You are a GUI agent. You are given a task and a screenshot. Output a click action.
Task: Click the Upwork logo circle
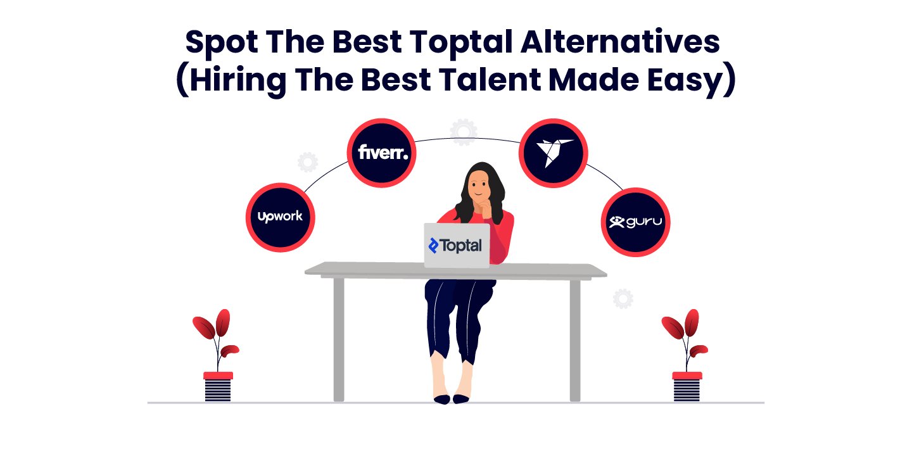tap(280, 217)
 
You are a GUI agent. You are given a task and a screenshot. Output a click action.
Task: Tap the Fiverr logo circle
tap(382, 153)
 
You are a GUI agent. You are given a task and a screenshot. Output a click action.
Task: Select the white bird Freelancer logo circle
tap(554, 153)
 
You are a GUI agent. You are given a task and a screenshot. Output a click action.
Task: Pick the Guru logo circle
tap(635, 222)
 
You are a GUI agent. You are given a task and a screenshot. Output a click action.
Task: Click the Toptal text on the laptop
tap(456, 246)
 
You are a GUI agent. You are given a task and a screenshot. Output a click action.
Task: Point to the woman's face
tap(479, 187)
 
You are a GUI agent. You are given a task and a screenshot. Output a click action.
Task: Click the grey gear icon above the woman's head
tap(464, 131)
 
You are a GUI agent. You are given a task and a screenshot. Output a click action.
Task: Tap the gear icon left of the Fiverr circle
tap(308, 162)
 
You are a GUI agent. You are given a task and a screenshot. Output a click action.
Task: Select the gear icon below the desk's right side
tap(623, 298)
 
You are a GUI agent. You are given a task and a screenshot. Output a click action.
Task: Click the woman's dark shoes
tap(451, 398)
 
